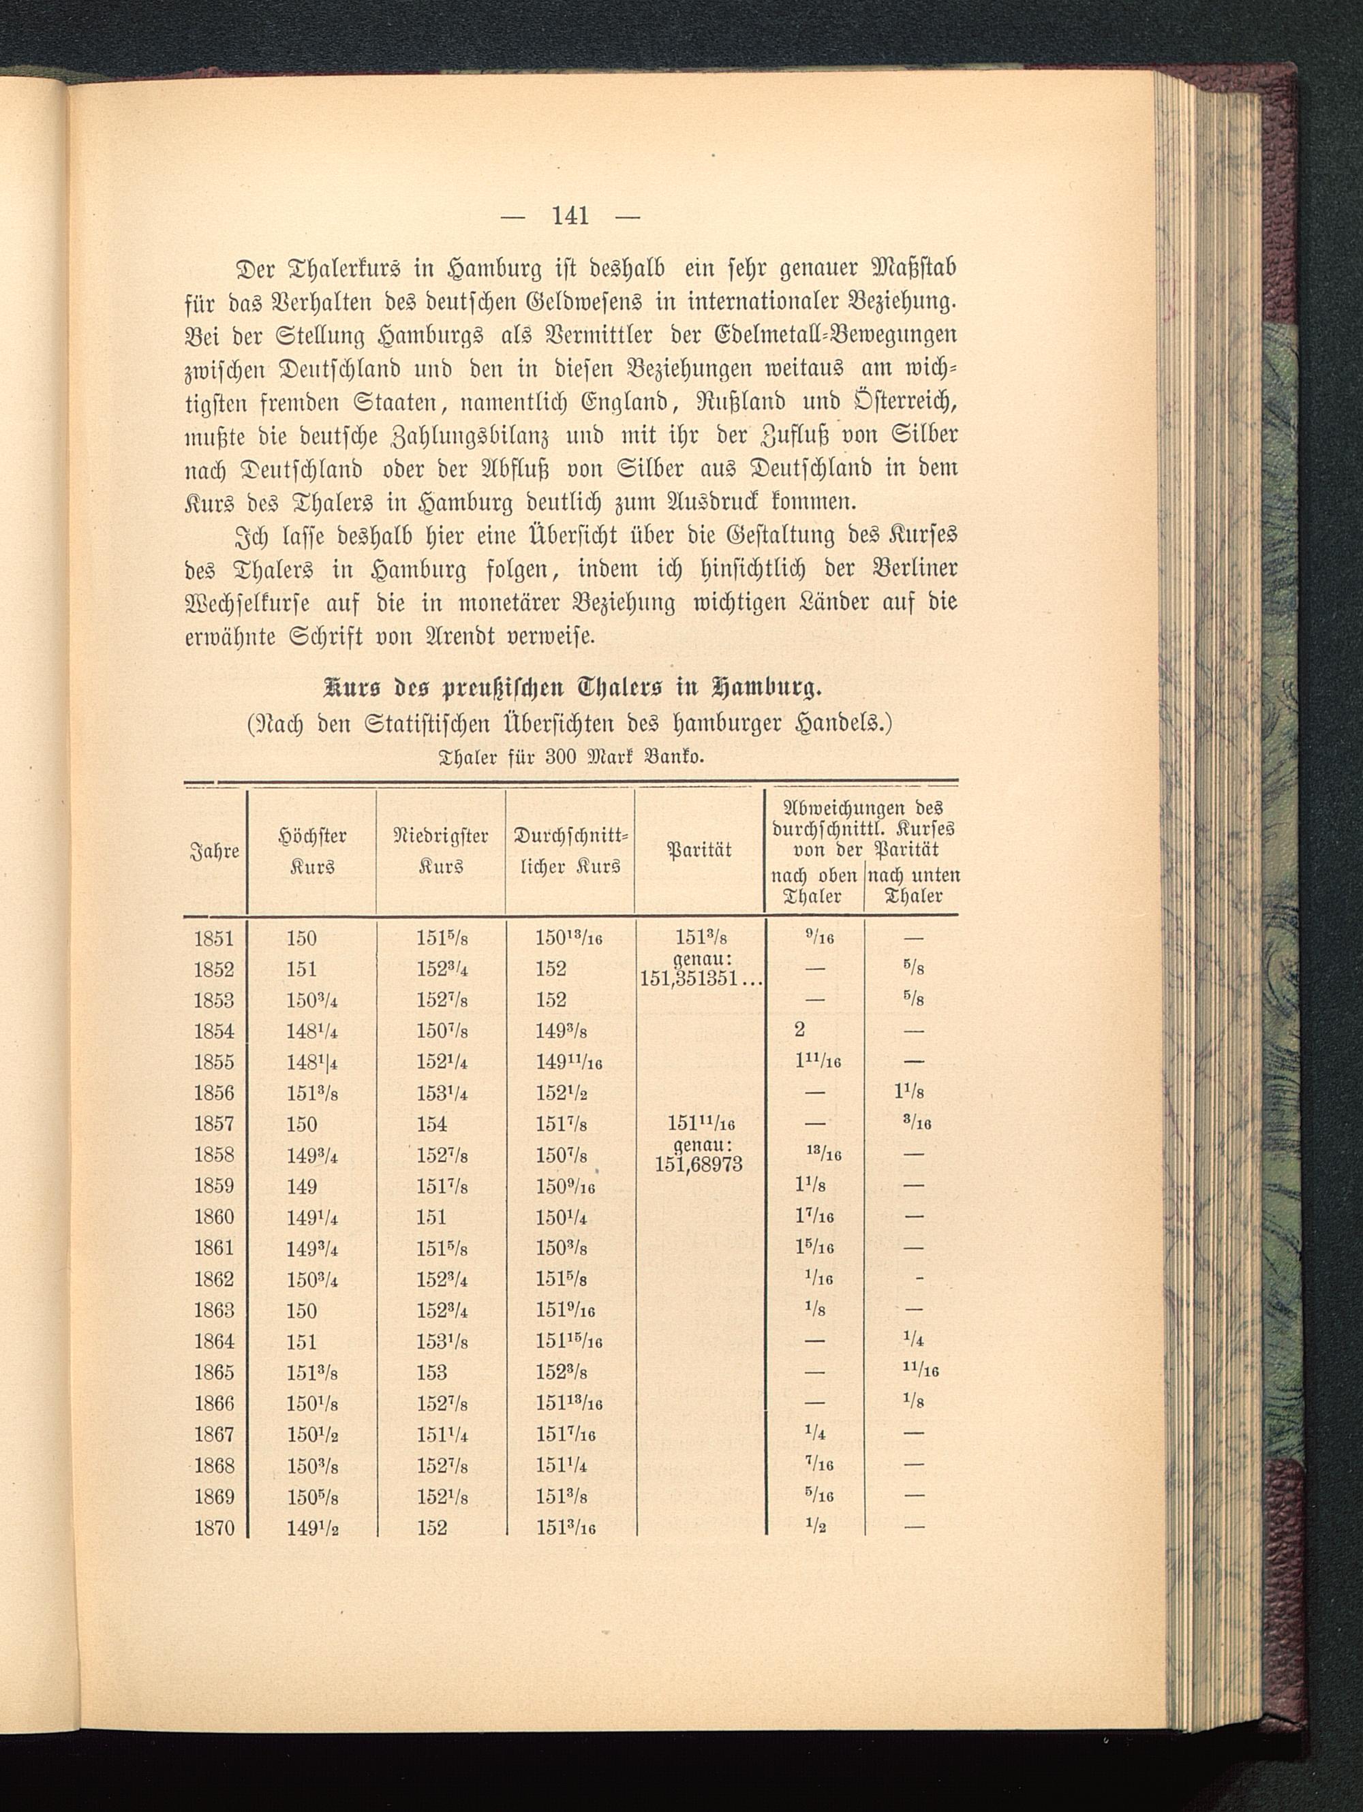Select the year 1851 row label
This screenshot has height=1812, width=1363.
(214, 938)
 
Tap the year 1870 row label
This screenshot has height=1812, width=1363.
(214, 1528)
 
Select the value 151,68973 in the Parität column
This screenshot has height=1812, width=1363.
(699, 1165)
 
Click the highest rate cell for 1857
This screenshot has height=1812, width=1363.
(302, 1124)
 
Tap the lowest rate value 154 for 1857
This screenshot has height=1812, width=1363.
(431, 1124)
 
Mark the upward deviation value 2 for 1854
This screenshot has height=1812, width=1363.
(799, 1031)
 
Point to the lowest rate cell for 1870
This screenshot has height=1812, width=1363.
(431, 1528)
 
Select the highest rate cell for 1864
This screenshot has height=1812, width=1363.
(302, 1341)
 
